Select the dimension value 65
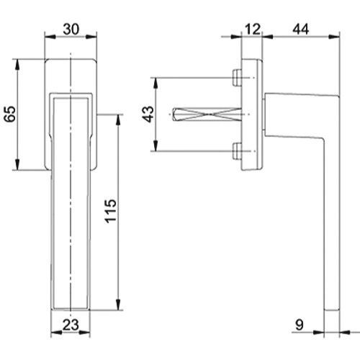tap(8, 115)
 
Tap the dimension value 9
tap(303, 325)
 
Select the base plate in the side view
tap(253, 114)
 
